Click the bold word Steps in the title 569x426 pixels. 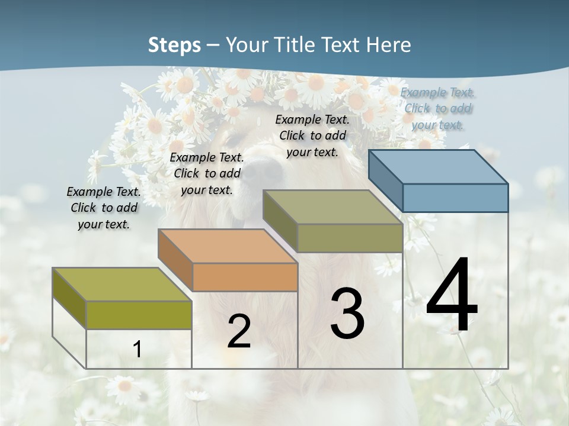tap(174, 45)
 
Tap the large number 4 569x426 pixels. tap(452, 296)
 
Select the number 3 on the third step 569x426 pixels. tap(347, 314)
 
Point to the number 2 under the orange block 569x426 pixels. tap(239, 331)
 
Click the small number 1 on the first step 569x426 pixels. tap(137, 349)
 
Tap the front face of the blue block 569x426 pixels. tap(455, 198)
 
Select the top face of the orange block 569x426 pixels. tap(228, 246)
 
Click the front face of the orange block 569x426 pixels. tap(245, 277)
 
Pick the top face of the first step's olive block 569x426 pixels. tap(122, 284)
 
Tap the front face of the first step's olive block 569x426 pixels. tap(139, 315)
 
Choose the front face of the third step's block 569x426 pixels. tap(350, 238)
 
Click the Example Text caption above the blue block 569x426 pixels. tap(437, 108)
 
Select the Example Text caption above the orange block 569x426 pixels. tap(206, 173)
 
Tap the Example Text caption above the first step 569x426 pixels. tap(104, 208)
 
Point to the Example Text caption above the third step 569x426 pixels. tap(312, 135)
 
